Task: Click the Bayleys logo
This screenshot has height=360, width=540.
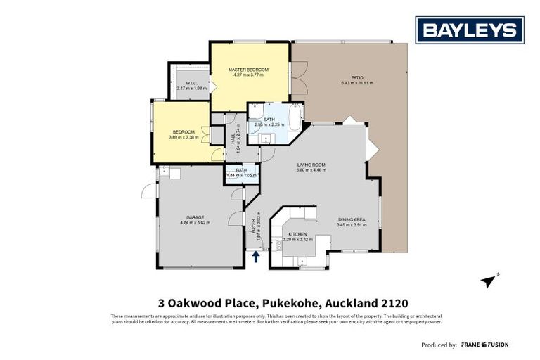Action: (x=470, y=30)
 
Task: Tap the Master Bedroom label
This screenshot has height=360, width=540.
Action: (x=248, y=70)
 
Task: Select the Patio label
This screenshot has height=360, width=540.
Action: (x=357, y=78)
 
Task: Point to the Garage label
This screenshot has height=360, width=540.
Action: (x=195, y=218)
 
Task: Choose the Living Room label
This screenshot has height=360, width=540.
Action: (x=313, y=165)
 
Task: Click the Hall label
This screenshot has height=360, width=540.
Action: (x=233, y=139)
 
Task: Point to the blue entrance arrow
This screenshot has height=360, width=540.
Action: (x=255, y=257)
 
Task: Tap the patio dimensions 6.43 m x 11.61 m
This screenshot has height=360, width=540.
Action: (x=357, y=84)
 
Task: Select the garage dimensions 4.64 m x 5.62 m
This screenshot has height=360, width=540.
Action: (x=195, y=224)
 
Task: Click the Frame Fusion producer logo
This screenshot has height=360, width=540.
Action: (x=485, y=345)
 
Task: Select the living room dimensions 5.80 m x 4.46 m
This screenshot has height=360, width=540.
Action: (x=313, y=171)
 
